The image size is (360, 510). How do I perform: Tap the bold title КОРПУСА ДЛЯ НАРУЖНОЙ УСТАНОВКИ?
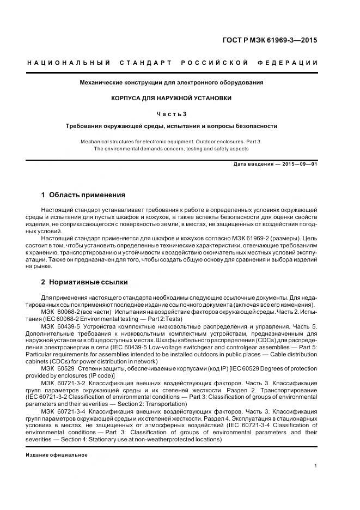pyautogui.click(x=172, y=98)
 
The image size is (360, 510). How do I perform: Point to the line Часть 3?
pyautogui.click(x=172, y=113)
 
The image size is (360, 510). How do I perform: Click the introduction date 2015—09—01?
pyautogui.click(x=298, y=163)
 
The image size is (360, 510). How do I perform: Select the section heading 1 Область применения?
pyautogui.click(x=83, y=195)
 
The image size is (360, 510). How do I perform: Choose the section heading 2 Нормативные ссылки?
pyautogui.click(x=84, y=282)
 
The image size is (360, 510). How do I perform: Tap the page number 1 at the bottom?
pyautogui.click(x=315, y=466)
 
